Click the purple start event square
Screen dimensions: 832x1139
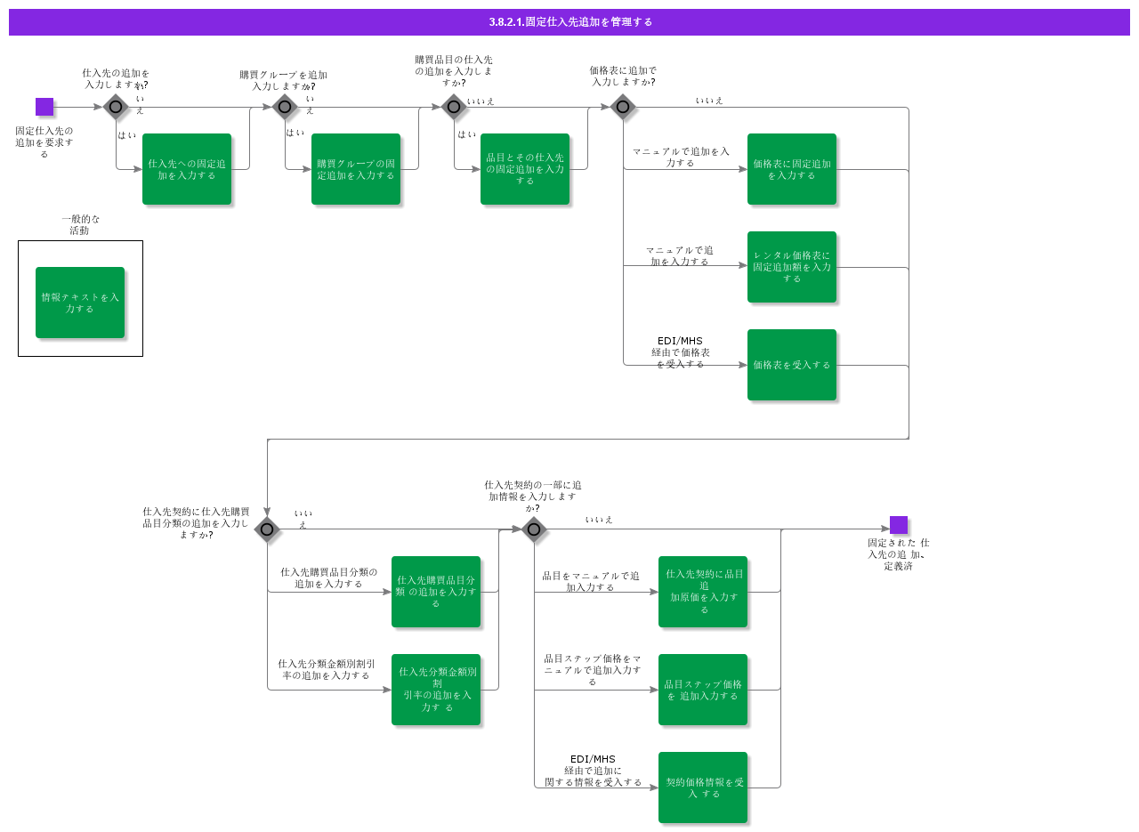click(44, 107)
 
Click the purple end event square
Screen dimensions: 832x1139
click(899, 525)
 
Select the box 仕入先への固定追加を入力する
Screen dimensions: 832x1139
click(187, 169)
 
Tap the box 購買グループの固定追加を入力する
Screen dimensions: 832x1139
click(356, 169)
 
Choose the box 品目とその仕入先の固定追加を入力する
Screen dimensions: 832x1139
click(525, 169)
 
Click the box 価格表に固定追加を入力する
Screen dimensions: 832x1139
click(792, 169)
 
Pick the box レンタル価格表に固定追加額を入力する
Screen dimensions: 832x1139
click(792, 267)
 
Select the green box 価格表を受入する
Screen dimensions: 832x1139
click(792, 365)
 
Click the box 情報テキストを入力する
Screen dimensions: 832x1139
click(80, 303)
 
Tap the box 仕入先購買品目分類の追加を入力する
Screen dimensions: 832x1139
click(436, 592)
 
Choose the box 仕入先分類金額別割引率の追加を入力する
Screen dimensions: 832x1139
click(436, 690)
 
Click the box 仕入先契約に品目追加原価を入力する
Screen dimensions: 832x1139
click(703, 592)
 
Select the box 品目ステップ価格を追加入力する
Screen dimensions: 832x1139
click(703, 690)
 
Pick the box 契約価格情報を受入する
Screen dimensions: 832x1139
click(703, 788)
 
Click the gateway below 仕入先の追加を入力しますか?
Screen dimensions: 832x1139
click(116, 107)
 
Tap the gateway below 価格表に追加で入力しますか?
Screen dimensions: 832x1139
click(623, 107)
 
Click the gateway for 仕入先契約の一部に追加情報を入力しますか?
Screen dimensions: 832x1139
click(534, 529)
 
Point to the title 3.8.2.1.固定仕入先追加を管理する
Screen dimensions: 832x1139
click(569, 22)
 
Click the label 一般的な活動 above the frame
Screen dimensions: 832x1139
click(80, 224)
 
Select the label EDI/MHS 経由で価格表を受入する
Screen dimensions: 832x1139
click(681, 352)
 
